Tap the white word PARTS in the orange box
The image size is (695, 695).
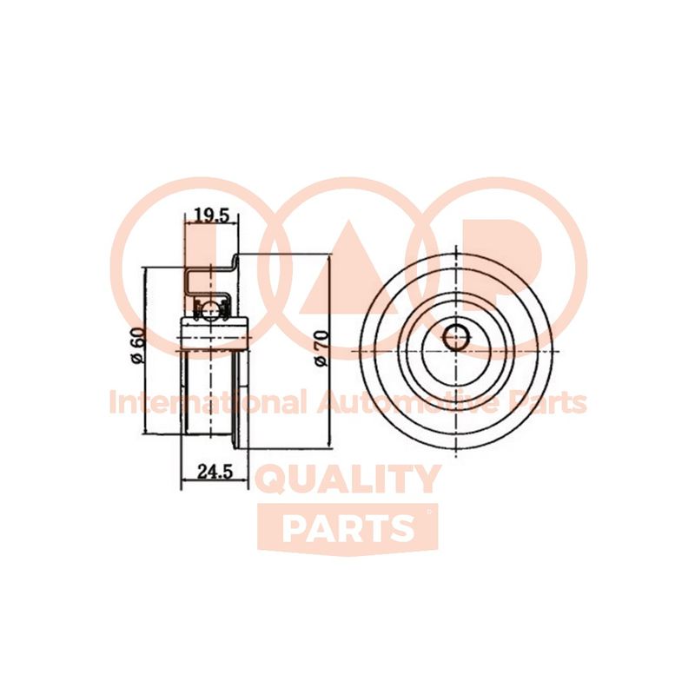[x=347, y=527]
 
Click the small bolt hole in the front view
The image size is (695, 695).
[x=453, y=336]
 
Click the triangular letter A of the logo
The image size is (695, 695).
[x=347, y=261]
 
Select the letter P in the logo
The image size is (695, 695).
[x=513, y=261]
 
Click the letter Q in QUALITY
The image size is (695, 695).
[x=277, y=480]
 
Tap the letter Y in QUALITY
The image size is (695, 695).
[x=425, y=480]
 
